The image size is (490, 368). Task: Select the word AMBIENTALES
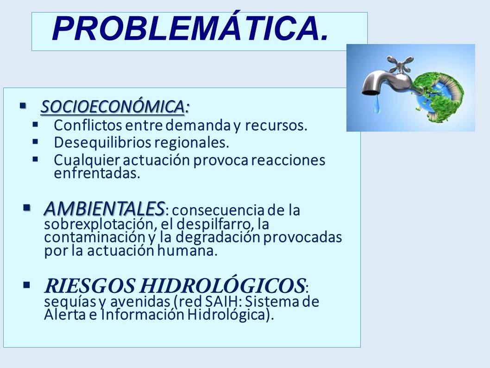point(104,209)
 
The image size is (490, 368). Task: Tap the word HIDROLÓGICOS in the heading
point(222,286)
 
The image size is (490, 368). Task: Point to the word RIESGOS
point(89,286)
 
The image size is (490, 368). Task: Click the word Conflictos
point(88,125)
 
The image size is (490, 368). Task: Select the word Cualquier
point(87,160)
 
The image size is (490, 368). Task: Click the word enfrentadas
point(97,173)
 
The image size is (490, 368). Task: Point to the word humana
point(187,251)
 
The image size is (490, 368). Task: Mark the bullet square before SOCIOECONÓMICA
point(23,106)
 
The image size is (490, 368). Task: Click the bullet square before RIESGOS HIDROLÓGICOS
point(26,285)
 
